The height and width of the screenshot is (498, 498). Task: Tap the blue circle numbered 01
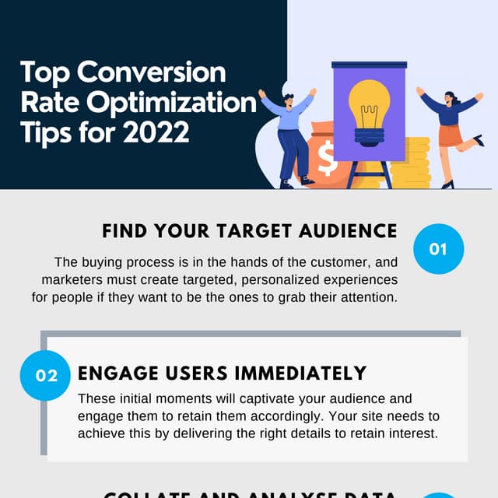(x=438, y=249)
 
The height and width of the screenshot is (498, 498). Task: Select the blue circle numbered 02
(x=47, y=375)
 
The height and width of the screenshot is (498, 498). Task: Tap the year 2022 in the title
(x=156, y=132)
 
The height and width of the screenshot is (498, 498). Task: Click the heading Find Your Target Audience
(x=250, y=231)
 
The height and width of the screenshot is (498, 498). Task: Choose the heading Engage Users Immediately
(x=222, y=373)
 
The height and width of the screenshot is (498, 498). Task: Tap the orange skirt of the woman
(x=451, y=135)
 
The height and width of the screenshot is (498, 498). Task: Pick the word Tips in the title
(x=44, y=132)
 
